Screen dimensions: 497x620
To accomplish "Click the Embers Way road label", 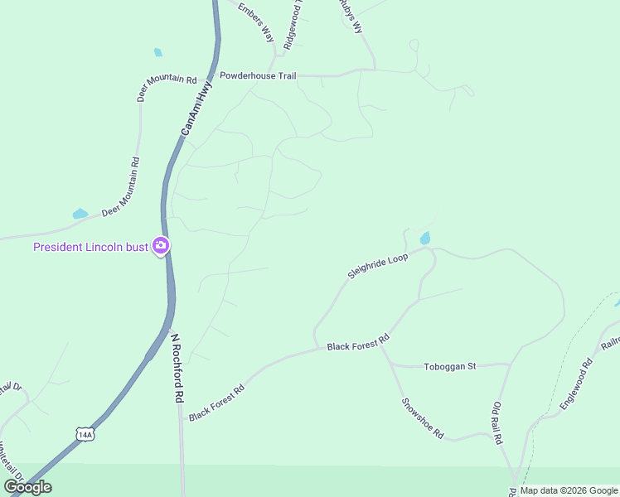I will [255, 23].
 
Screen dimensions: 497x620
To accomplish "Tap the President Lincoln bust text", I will [90, 247].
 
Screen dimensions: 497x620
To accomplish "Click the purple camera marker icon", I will [161, 246].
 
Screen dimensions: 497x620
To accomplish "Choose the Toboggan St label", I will [449, 366].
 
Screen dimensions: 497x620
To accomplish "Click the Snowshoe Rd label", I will [423, 419].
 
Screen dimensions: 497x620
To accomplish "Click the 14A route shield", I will [83, 434].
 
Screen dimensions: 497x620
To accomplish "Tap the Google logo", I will [27, 487].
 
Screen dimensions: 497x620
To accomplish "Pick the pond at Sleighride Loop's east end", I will [425, 239].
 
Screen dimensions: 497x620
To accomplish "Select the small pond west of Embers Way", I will [158, 52].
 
